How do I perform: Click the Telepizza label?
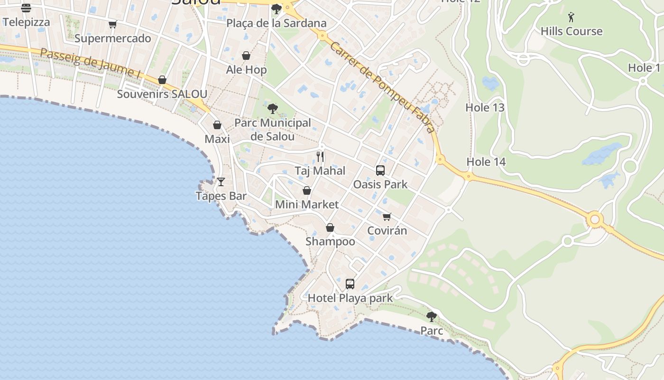click(26, 22)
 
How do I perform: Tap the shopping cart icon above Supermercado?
click(112, 25)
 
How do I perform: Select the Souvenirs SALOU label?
click(162, 94)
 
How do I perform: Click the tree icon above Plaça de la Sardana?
click(276, 9)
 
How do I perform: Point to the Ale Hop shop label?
click(246, 70)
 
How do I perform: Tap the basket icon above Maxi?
click(217, 125)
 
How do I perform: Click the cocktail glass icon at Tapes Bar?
click(221, 181)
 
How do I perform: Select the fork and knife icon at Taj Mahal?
click(320, 156)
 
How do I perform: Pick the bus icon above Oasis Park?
click(380, 170)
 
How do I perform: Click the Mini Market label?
click(307, 205)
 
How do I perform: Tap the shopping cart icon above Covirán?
click(387, 217)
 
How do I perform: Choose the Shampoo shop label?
click(330, 241)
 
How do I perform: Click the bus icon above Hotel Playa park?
click(350, 284)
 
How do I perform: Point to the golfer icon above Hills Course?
click(571, 18)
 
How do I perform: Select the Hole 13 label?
click(485, 107)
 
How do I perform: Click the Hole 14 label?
click(486, 162)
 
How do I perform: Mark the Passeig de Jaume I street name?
click(90, 63)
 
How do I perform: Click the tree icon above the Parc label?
click(431, 316)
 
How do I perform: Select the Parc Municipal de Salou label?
click(273, 130)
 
